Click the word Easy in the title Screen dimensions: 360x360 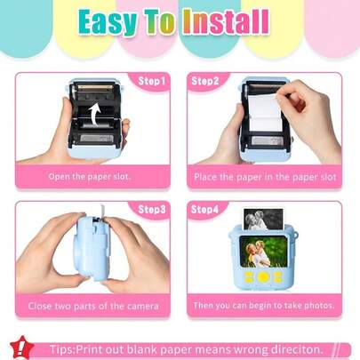pos(108,22)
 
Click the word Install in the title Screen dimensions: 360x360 pos(226,21)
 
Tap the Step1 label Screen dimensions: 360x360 pos(151,81)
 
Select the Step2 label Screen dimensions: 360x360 pos(205,81)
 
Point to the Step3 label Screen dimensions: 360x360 pos(152,210)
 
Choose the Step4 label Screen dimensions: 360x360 pos(204,210)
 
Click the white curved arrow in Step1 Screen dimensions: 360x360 pos(94,115)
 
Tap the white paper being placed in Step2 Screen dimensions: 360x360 pos(265,113)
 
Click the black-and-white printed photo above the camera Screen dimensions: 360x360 pos(263,219)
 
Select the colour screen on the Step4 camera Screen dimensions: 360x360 pos(263,252)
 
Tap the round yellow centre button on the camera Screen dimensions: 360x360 pos(263,277)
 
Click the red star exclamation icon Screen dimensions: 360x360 pos(21,347)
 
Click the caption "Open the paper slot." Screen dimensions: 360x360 pos(90,177)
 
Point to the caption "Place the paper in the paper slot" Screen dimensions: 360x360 pos(265,177)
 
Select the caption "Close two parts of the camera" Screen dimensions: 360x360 pos(93,306)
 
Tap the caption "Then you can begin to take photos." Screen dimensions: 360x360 pos(264,305)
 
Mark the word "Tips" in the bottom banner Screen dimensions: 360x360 pos(61,349)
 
